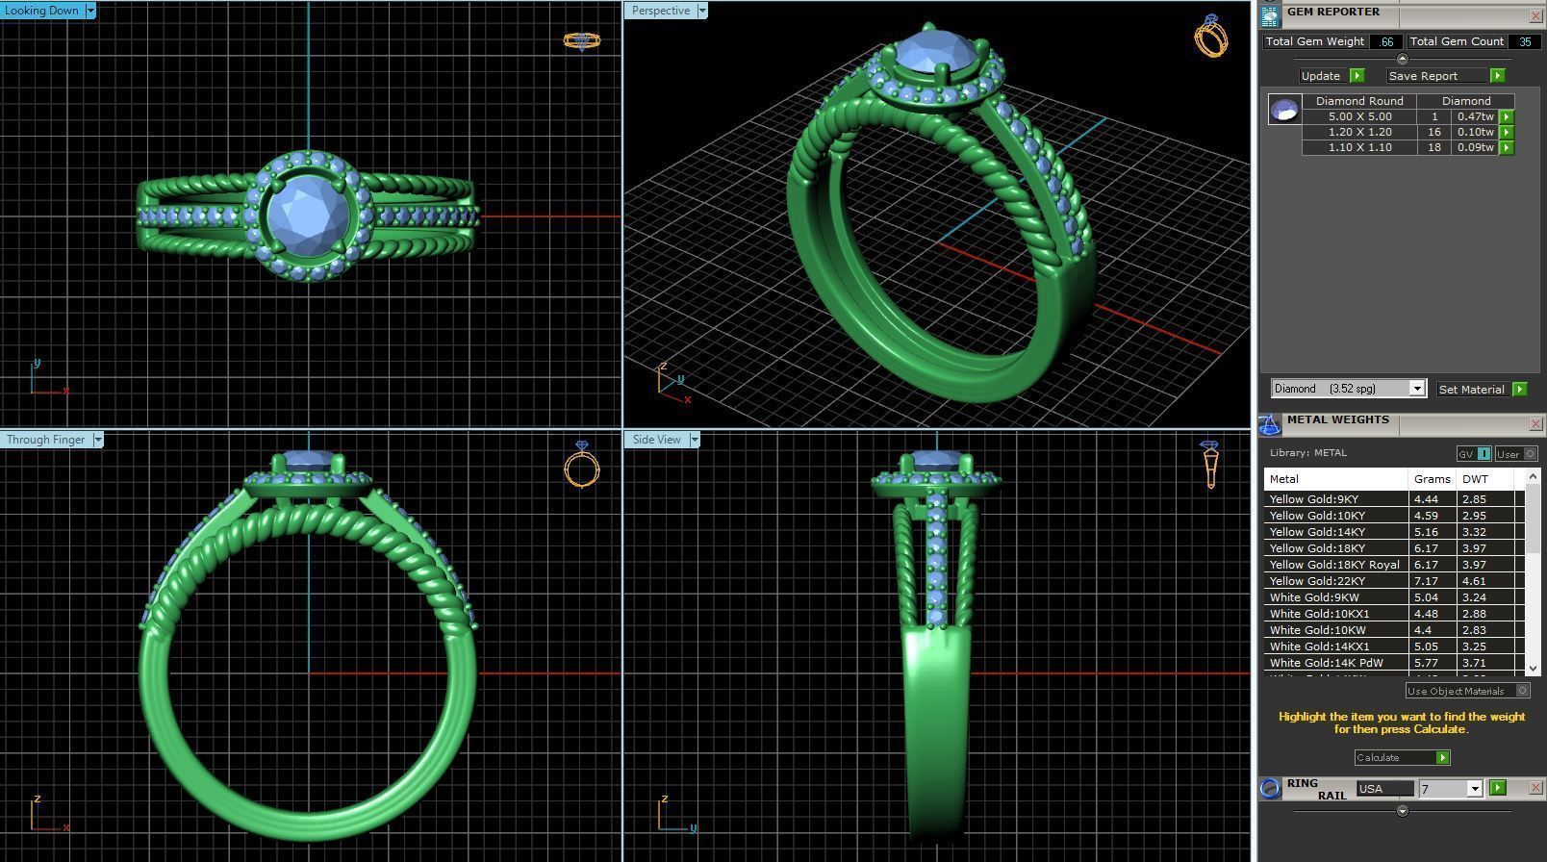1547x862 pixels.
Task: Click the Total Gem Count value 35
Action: click(x=1524, y=41)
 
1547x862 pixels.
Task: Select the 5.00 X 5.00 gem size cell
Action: click(x=1358, y=116)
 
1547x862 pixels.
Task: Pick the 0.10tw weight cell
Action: click(x=1474, y=132)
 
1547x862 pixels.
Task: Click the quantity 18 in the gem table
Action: click(x=1433, y=147)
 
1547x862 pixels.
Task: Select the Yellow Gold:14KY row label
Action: click(x=1316, y=532)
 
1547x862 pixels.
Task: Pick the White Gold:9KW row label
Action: click(x=1314, y=597)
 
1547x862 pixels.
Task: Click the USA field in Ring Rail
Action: click(x=1383, y=789)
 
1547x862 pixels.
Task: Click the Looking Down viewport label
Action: click(x=42, y=11)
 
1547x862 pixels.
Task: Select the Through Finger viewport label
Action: click(x=45, y=440)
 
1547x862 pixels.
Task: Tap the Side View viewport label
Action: click(x=656, y=440)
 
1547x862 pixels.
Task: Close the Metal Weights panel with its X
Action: click(x=1534, y=423)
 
